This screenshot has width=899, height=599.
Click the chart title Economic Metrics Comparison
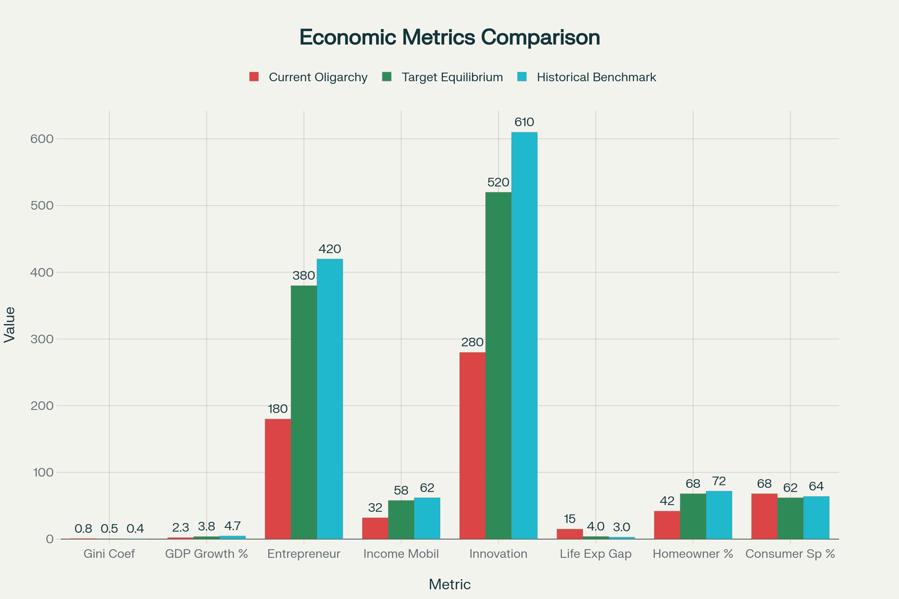(x=449, y=37)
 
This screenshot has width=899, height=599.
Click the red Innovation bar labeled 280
(x=472, y=446)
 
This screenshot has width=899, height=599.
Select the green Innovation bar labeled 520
(x=499, y=366)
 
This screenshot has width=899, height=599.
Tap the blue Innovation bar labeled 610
(x=524, y=335)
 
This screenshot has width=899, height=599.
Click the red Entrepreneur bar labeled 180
(x=278, y=479)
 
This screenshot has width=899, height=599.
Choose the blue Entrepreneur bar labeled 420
(x=330, y=399)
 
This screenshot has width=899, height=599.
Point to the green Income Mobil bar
(x=401, y=520)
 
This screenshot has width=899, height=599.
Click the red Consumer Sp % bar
(x=765, y=516)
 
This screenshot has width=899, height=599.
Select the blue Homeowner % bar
(x=719, y=515)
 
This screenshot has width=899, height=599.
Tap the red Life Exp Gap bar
(x=569, y=534)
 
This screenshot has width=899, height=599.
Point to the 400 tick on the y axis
(x=42, y=273)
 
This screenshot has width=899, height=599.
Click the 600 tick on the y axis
(x=42, y=139)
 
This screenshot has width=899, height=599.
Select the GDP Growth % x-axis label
(x=206, y=554)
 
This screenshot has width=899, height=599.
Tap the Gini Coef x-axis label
(x=109, y=554)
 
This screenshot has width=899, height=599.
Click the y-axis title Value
(x=10, y=324)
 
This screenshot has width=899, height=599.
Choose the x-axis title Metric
(x=449, y=584)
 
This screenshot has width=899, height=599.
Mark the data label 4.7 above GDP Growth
(x=232, y=526)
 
